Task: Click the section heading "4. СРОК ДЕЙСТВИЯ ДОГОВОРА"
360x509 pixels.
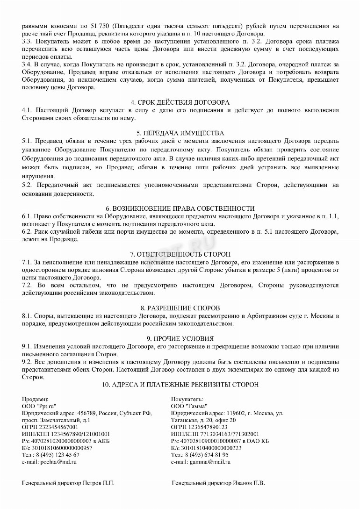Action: (x=180, y=102)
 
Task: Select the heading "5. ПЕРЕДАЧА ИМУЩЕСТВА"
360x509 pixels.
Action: (x=180, y=133)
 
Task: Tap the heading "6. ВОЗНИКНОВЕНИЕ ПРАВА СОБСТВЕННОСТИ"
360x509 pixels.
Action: (x=180, y=208)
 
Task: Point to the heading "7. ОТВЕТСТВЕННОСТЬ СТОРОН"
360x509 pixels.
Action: (x=180, y=254)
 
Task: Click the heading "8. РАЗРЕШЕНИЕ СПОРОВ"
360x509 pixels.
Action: (x=180, y=308)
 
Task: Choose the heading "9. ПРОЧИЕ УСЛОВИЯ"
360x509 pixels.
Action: (x=180, y=338)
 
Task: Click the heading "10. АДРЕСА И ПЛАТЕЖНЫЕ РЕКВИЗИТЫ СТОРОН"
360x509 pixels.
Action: (x=180, y=385)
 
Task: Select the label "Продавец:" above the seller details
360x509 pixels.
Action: (x=35, y=399)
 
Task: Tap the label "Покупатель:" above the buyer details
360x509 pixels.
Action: (x=187, y=399)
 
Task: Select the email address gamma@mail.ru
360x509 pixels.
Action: (x=209, y=462)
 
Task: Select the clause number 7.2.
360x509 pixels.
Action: (x=27, y=285)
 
